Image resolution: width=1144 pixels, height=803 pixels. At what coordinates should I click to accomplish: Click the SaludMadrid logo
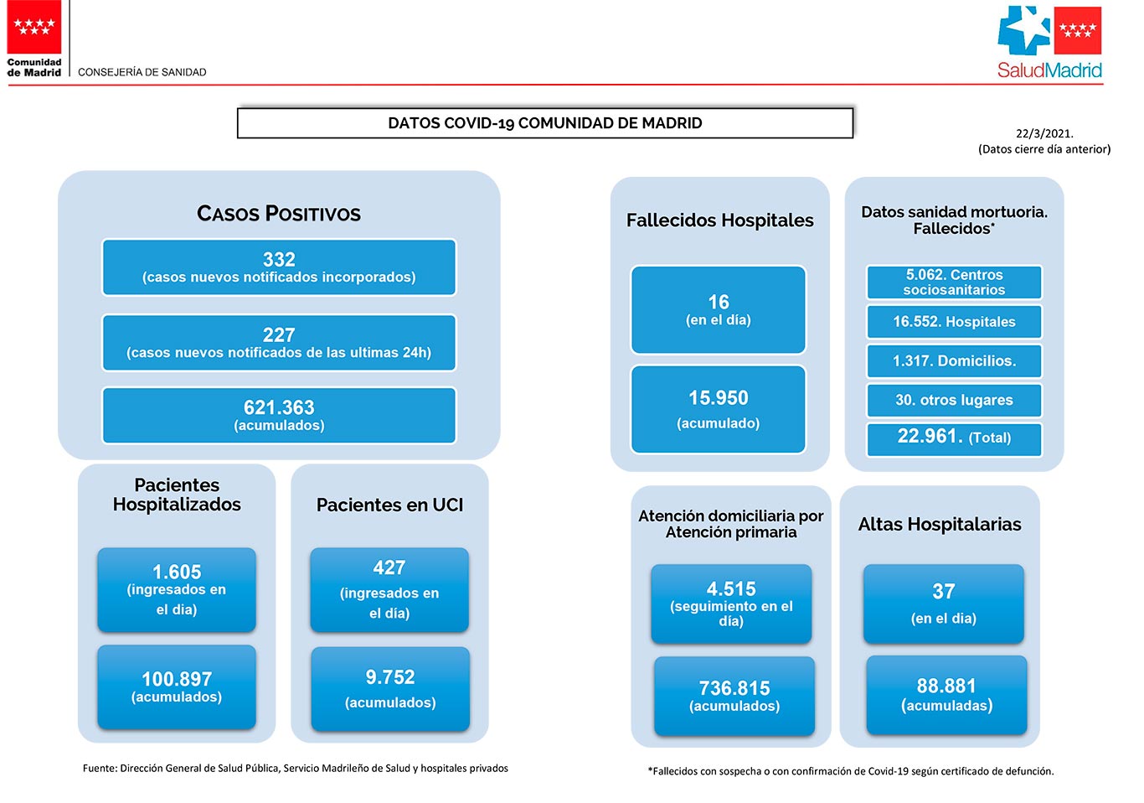pos(1049,42)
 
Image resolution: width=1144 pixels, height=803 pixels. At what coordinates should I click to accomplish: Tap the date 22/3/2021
pos(1044,133)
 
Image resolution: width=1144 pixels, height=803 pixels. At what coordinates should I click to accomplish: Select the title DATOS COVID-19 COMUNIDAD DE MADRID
pos(545,123)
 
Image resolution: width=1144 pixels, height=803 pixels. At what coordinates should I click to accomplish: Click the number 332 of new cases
pos(279,259)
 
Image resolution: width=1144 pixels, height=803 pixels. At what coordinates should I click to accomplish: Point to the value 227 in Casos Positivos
pos(279,334)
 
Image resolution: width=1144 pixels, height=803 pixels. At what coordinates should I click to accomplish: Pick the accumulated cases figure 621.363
pos(279,407)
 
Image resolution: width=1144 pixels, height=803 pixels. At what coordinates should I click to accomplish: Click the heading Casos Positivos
pos(279,214)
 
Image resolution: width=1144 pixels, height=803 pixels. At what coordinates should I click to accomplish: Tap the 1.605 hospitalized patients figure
pos(177,572)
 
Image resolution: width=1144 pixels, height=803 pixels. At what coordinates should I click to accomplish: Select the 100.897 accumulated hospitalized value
pos(177,679)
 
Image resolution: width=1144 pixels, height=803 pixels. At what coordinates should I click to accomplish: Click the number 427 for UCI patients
pos(389,567)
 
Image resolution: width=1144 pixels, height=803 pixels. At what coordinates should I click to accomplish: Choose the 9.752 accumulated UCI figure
pos(390,676)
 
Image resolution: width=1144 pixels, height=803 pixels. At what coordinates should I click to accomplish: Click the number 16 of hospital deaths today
pos(719,302)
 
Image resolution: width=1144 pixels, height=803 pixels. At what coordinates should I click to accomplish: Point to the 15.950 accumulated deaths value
pos(719,398)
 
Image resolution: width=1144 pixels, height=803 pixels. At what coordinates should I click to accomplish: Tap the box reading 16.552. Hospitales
pos(954,322)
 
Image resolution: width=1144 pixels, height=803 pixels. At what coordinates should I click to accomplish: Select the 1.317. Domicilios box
pos(954,361)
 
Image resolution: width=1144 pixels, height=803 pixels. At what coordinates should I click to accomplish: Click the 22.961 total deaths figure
pos(928,436)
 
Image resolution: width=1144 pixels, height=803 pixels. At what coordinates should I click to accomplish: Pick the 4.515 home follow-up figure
pos(731,588)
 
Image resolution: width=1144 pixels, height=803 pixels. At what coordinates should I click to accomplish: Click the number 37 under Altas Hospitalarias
pos(944,591)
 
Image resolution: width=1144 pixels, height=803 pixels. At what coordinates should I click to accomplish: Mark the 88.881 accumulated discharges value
pos(946,686)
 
